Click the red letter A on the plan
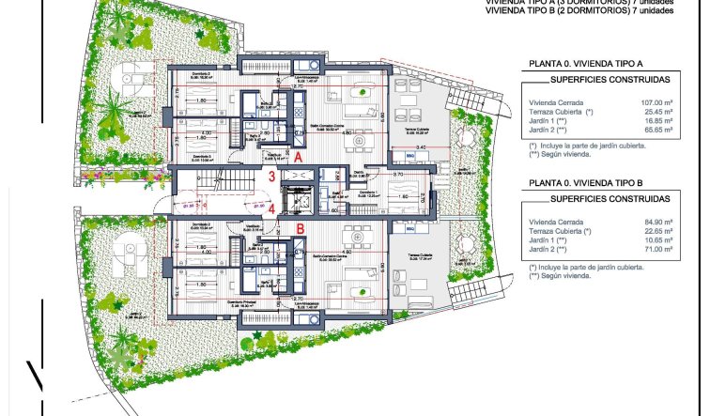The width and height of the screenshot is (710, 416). (298, 158)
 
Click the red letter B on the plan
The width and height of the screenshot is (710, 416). (300, 227)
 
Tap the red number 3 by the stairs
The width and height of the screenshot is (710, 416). (272, 176)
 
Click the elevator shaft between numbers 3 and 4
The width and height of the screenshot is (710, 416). (301, 193)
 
